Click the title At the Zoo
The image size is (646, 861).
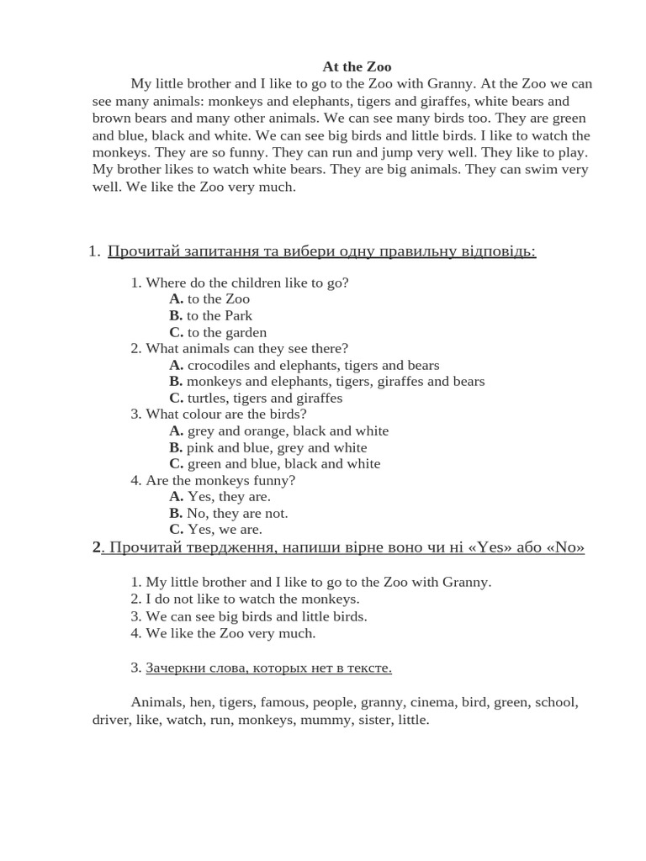[357, 66]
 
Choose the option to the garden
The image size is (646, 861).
[218, 332]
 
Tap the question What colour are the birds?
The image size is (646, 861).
[219, 414]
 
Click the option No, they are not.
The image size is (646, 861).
[228, 513]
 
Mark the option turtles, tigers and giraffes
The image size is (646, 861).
[256, 398]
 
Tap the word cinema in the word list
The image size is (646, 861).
[458, 702]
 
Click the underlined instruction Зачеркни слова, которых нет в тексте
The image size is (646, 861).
[268, 668]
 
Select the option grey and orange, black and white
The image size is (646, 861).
[278, 430]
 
